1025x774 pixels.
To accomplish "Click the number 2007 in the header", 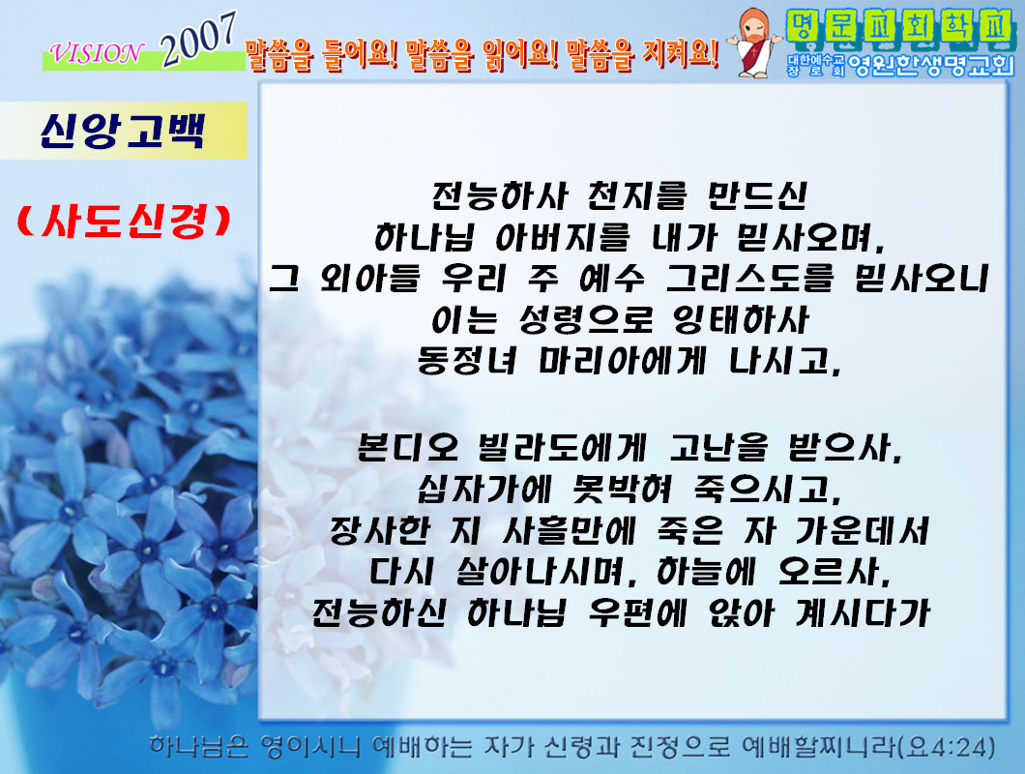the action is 199,40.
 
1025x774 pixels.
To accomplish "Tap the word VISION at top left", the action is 96,53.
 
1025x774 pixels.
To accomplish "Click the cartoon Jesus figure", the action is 755,44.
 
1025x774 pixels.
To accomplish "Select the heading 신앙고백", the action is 123,131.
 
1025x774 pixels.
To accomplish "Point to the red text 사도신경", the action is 124,222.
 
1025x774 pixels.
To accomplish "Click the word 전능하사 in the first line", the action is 499,195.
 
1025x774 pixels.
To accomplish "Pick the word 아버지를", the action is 563,237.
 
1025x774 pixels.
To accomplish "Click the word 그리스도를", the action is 749,279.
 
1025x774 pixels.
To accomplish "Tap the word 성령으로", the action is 586,320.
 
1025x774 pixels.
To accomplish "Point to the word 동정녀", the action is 467,361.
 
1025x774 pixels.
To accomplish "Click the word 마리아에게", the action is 622,361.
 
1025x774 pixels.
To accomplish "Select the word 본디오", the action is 407,448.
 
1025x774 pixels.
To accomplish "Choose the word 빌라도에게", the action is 562,448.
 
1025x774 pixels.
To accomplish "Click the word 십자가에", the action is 485,489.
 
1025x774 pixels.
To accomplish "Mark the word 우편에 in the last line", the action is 637,613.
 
